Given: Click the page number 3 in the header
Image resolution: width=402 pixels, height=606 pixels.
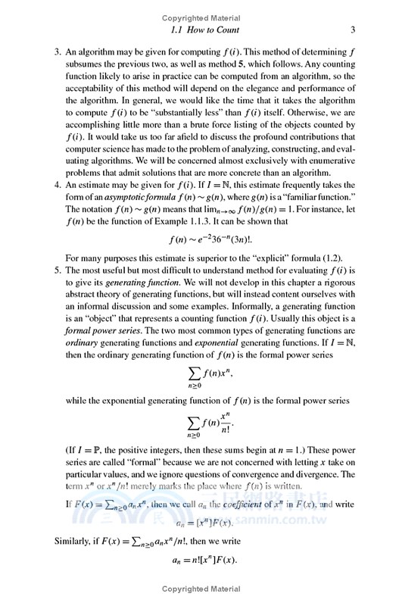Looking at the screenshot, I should coord(354,30).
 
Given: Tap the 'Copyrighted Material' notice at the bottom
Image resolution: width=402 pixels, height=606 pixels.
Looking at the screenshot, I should coord(201,588).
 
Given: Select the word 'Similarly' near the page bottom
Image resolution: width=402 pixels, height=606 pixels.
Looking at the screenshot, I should coord(54,542).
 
